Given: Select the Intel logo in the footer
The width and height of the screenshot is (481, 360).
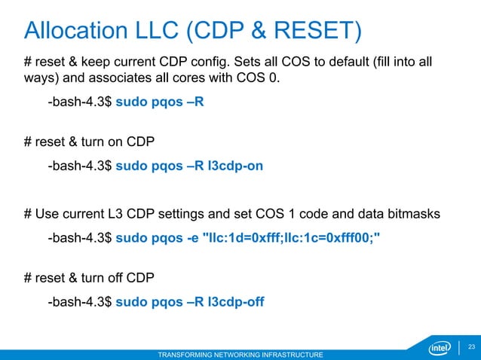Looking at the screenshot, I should click(x=440, y=348).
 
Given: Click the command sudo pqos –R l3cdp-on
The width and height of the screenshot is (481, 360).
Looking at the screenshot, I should click(x=189, y=166).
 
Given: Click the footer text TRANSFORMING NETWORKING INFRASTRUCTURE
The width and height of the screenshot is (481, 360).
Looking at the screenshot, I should click(x=240, y=354).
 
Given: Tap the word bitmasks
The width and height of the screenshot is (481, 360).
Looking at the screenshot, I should click(x=412, y=215).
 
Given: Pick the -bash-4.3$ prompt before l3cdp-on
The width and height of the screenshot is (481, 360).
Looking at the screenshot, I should click(x=80, y=166).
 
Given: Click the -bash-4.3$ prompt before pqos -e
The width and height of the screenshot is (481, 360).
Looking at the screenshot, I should click(x=80, y=238).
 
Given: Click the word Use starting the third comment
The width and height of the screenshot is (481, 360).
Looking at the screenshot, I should click(x=48, y=215).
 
